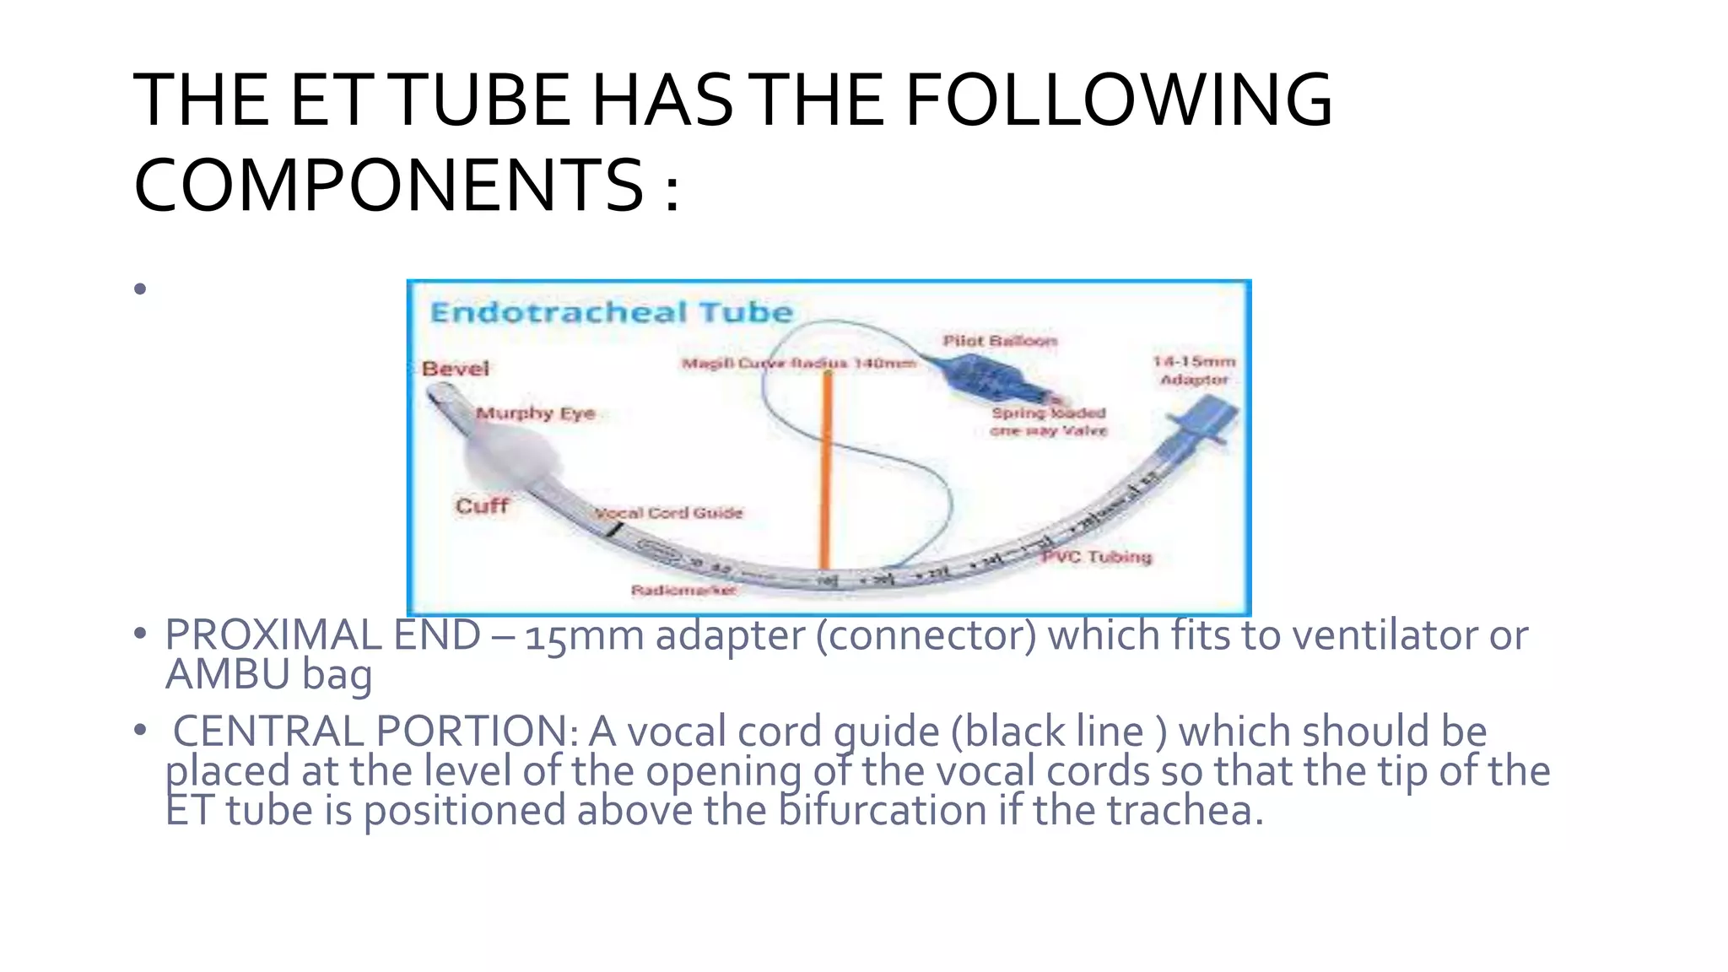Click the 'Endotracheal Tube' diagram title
click(611, 313)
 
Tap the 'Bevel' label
click(456, 369)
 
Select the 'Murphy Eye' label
click(535, 413)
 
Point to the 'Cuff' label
click(482, 506)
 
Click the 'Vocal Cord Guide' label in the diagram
click(669, 513)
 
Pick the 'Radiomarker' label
click(683, 590)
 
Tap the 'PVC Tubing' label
click(1096, 557)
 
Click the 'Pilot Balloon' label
click(999, 341)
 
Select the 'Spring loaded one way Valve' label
click(1048, 422)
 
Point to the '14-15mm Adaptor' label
click(1194, 370)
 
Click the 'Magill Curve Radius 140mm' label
click(798, 364)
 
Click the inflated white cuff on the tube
click(511, 456)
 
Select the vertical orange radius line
click(827, 472)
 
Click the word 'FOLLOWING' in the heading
click(1118, 101)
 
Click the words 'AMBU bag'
click(268, 675)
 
